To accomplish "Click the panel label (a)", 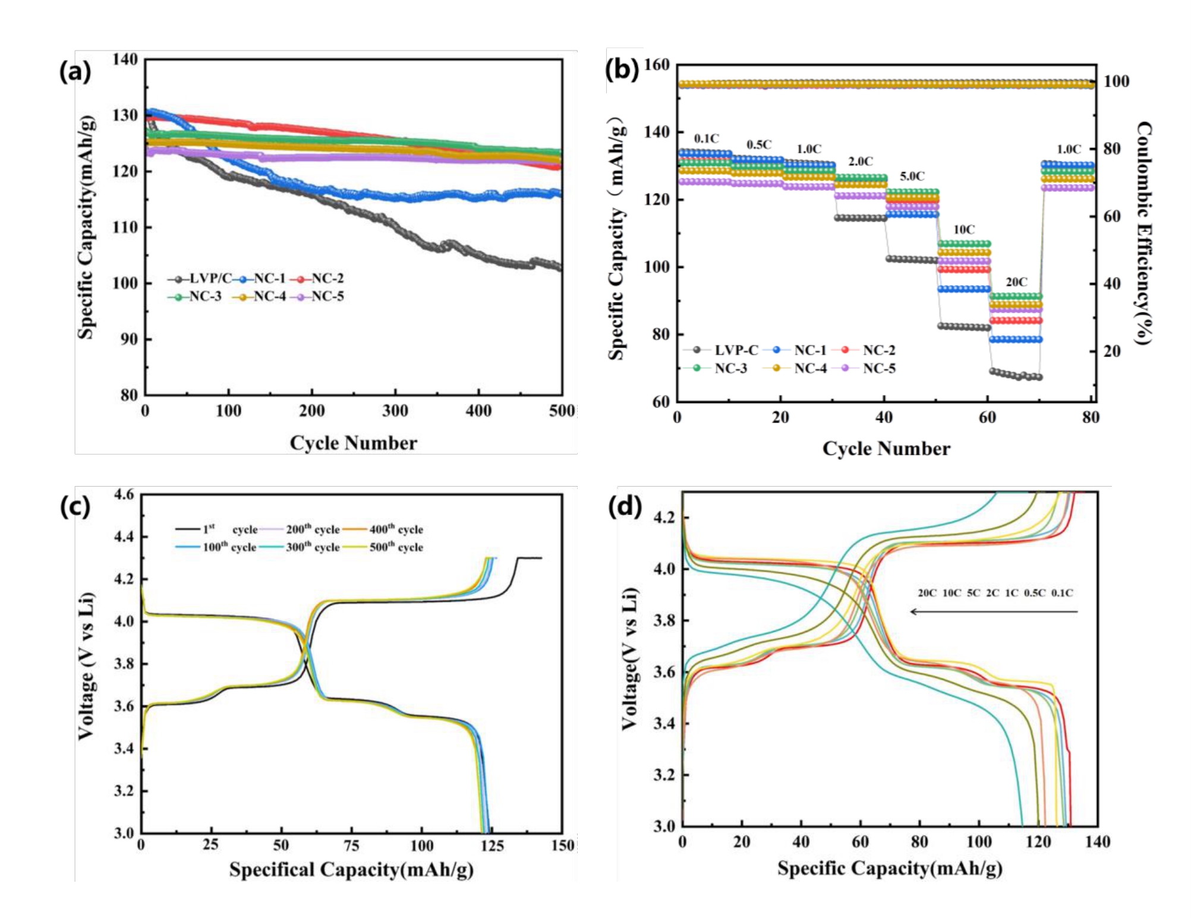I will pos(75,72).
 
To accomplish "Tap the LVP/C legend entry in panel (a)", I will pos(200,279).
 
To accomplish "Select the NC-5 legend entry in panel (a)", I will pos(320,296).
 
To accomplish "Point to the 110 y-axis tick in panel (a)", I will pos(125,227).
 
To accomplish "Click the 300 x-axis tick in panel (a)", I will pos(395,411).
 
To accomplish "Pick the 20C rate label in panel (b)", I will pos(1016,282).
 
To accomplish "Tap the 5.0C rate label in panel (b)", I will pos(912,176).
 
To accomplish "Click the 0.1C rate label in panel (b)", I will pos(706,139).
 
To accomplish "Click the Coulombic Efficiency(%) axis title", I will pos(1143,233).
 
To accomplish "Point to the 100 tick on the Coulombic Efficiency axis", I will pos(1116,81).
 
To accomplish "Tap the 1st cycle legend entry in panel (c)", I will pos(216,529).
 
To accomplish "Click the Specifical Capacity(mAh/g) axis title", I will pos(351,870).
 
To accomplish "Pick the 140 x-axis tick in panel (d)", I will pos(1097,842).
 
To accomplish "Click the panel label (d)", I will pos(624,507).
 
